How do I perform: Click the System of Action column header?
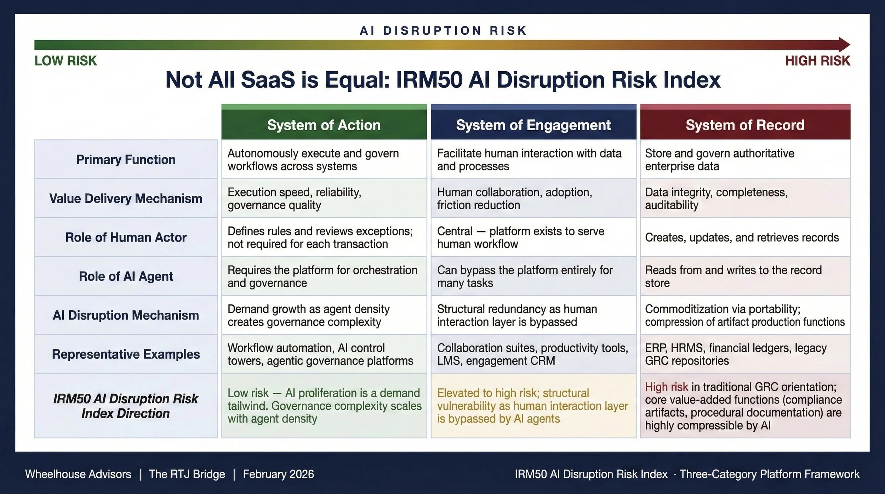pos(324,125)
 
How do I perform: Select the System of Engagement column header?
pos(533,125)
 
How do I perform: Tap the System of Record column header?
pos(745,125)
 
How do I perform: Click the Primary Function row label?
pos(126,159)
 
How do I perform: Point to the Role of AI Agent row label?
pos(126,276)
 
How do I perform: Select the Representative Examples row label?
pos(126,354)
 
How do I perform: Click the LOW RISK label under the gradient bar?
pos(65,61)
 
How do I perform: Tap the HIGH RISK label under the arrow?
pos(817,61)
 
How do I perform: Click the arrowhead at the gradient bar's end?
pos(844,45)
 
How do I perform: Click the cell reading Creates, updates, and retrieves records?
pos(742,237)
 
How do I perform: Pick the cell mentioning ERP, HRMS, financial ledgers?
pos(736,354)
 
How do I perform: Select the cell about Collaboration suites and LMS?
pos(532,354)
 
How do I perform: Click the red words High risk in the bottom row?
pos(666,387)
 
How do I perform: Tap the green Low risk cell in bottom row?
pos(324,406)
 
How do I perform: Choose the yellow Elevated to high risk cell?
pos(532,406)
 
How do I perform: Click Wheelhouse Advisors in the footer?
pos(78,474)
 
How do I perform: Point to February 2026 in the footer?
pos(278,474)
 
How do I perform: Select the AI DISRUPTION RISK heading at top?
pos(443,31)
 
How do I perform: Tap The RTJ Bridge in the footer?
pos(187,474)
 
